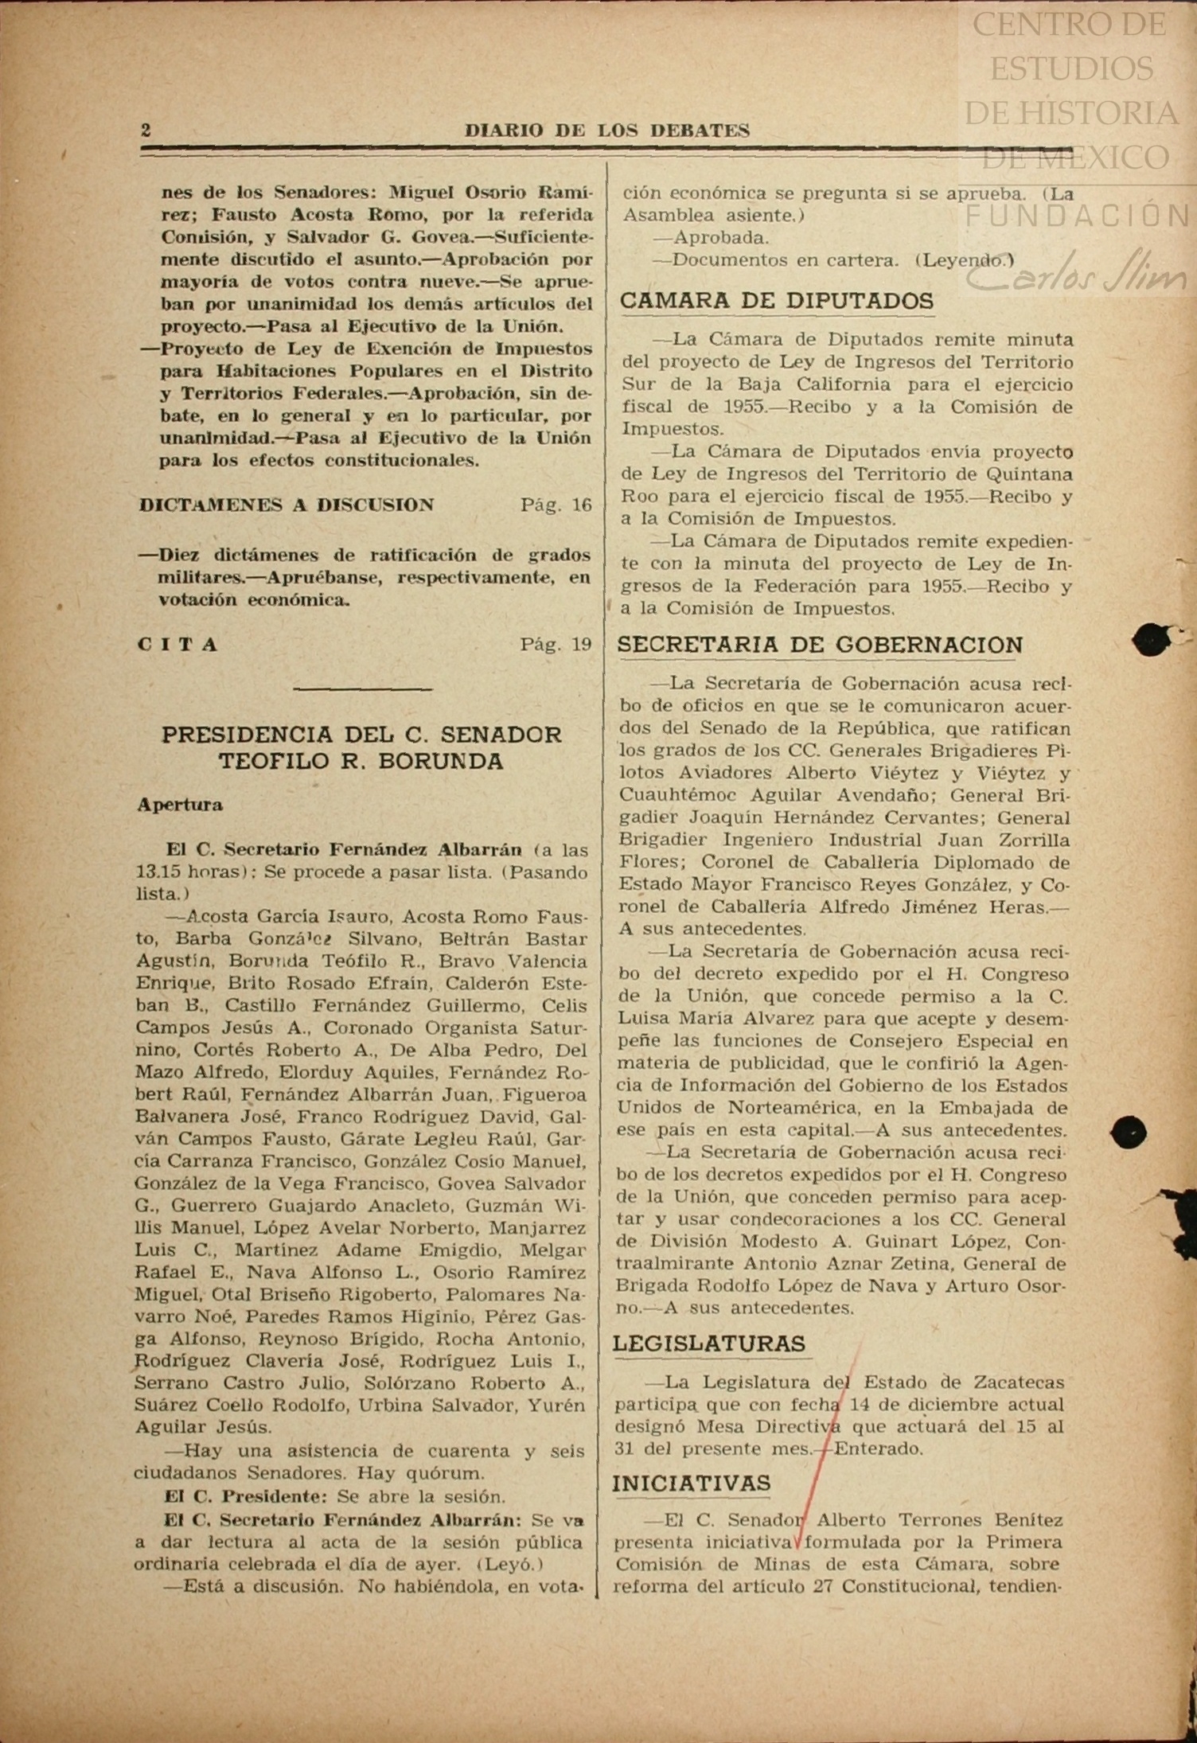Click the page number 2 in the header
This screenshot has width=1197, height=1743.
[146, 130]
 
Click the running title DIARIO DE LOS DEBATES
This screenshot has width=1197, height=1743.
[606, 131]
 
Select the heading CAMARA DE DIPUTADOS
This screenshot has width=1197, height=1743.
[776, 302]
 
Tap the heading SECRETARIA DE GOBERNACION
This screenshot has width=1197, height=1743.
[820, 645]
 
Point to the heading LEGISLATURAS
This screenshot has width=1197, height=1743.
[708, 1343]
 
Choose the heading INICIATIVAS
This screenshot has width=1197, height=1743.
[691, 1484]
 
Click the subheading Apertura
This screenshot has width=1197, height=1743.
[180, 805]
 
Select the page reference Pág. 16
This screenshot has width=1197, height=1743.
[556, 505]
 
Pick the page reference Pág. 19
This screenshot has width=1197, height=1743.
[556, 645]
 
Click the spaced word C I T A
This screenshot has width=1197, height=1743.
[177, 645]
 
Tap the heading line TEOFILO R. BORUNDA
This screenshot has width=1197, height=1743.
[361, 762]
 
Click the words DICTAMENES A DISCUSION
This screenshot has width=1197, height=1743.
[287, 505]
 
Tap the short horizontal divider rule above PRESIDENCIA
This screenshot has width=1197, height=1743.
[363, 688]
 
